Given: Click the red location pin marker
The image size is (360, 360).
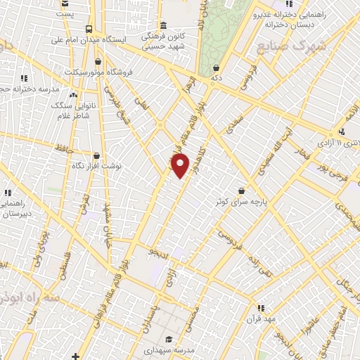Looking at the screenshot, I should point(181,166).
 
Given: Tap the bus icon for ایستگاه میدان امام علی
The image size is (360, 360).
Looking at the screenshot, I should point(89,29).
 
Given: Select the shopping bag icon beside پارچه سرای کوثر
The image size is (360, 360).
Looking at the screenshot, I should point(242,190).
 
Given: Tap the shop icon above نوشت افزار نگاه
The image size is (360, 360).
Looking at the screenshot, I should point(96,156).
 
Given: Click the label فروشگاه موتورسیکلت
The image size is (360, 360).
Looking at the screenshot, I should point(89,72).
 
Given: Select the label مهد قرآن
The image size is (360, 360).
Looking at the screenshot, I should point(259,319).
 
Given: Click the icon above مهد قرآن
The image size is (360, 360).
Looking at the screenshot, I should point(261,307).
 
